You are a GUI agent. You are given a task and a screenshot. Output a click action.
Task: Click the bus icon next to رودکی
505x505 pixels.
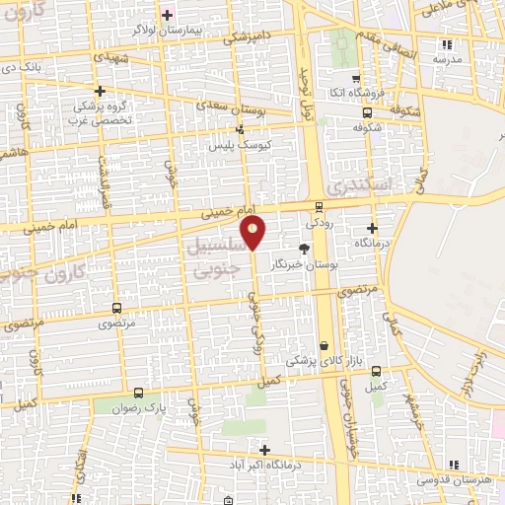(x=318, y=207)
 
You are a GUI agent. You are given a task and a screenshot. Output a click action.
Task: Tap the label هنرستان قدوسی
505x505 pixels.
(x=454, y=479)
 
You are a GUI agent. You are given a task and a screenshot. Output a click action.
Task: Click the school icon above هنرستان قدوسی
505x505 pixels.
(x=454, y=464)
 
